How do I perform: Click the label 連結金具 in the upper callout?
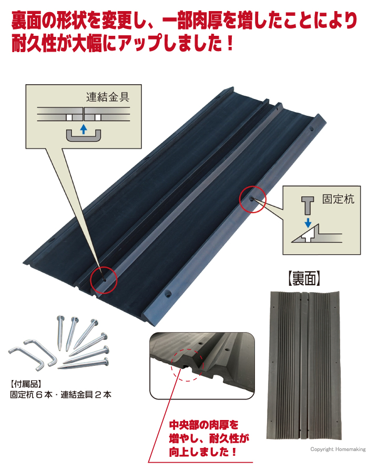click(107, 97)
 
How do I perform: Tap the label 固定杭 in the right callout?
click(338, 199)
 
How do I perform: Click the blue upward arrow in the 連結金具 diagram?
click(84, 129)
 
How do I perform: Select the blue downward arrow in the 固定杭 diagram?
click(308, 223)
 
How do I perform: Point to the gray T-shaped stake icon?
click(308, 205)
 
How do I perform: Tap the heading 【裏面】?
click(304, 278)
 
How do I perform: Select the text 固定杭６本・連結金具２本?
click(60, 394)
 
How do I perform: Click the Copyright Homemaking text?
click(338, 449)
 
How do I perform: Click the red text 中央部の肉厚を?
click(203, 425)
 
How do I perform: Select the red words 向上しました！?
click(203, 452)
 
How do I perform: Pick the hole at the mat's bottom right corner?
click(168, 294)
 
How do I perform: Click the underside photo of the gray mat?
click(304, 365)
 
